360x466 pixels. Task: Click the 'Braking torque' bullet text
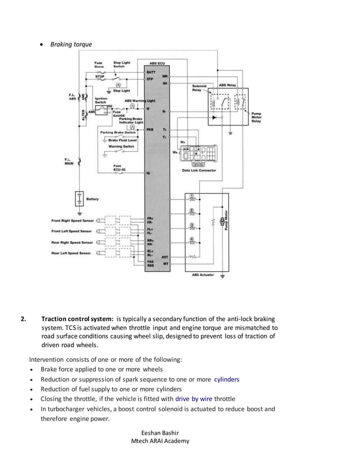click(71, 44)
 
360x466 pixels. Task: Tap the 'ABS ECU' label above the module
click(157, 63)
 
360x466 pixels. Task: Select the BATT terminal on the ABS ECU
click(150, 72)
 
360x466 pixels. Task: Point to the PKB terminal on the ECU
click(150, 129)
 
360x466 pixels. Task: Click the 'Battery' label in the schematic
click(93, 199)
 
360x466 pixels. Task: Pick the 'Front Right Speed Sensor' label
click(72, 220)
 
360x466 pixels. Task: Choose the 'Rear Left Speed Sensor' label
click(71, 253)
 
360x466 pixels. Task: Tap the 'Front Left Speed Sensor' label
click(72, 231)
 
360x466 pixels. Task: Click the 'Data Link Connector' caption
click(199, 170)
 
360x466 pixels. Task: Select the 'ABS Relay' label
click(227, 85)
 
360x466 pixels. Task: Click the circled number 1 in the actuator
click(191, 196)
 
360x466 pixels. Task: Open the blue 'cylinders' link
click(226, 379)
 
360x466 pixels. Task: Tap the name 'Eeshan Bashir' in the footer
click(160, 432)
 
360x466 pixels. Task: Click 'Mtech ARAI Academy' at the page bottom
click(160, 441)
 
